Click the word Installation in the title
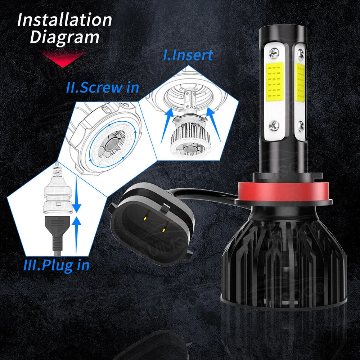click(64, 20)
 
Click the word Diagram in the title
click(64, 37)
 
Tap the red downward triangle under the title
click(62, 58)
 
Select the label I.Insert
click(188, 55)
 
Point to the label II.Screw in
click(103, 87)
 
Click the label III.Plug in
click(57, 265)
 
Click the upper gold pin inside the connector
click(145, 219)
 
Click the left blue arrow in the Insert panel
click(167, 125)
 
